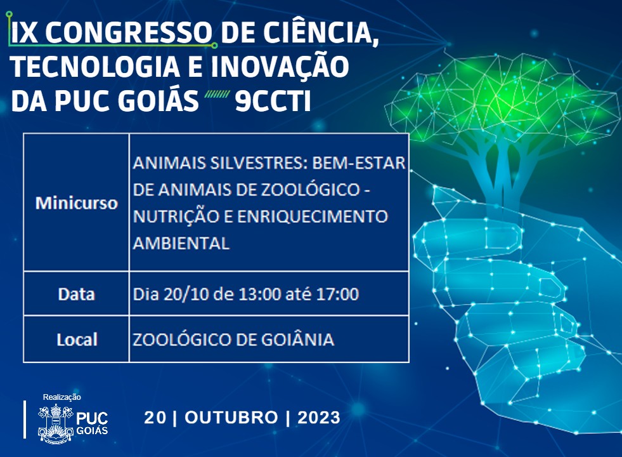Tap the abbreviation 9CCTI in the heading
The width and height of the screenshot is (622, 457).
[273, 102]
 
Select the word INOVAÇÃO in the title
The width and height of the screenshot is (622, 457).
[280, 67]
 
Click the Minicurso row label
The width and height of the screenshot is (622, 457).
[77, 203]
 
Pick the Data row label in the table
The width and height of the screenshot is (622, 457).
[76, 295]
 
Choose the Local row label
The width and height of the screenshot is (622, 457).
[77, 340]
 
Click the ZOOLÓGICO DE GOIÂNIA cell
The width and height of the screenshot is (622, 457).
[233, 340]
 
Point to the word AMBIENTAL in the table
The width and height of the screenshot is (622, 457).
[181, 243]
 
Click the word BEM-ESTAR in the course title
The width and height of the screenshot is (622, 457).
[359, 162]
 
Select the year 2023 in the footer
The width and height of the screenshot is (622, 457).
[319, 418]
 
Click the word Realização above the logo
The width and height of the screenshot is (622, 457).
[62, 397]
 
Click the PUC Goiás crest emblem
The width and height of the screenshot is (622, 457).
[56, 423]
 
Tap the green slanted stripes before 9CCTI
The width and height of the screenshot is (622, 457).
[217, 94]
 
